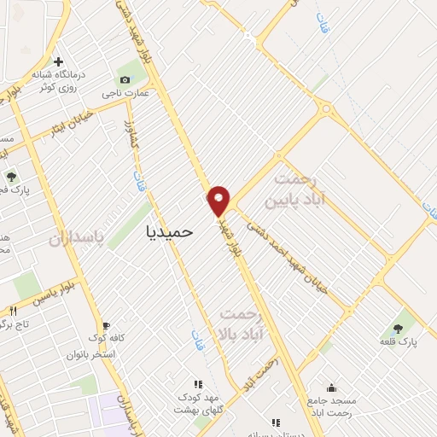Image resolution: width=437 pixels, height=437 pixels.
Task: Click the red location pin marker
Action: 219,201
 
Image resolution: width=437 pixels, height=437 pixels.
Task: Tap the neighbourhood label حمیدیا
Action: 171,230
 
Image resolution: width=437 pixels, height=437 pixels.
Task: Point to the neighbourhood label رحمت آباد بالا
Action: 248,323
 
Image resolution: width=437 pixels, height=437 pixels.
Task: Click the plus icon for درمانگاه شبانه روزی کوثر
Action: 58,61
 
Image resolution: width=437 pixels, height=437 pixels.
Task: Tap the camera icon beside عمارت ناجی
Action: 126,79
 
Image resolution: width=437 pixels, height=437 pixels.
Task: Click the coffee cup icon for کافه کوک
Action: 107,325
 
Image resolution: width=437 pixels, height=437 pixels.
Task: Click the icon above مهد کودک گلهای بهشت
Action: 198,384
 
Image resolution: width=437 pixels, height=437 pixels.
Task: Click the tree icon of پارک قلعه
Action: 398,327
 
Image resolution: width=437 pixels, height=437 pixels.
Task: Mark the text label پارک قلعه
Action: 398,341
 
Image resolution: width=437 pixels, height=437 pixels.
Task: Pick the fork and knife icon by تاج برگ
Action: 13,310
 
